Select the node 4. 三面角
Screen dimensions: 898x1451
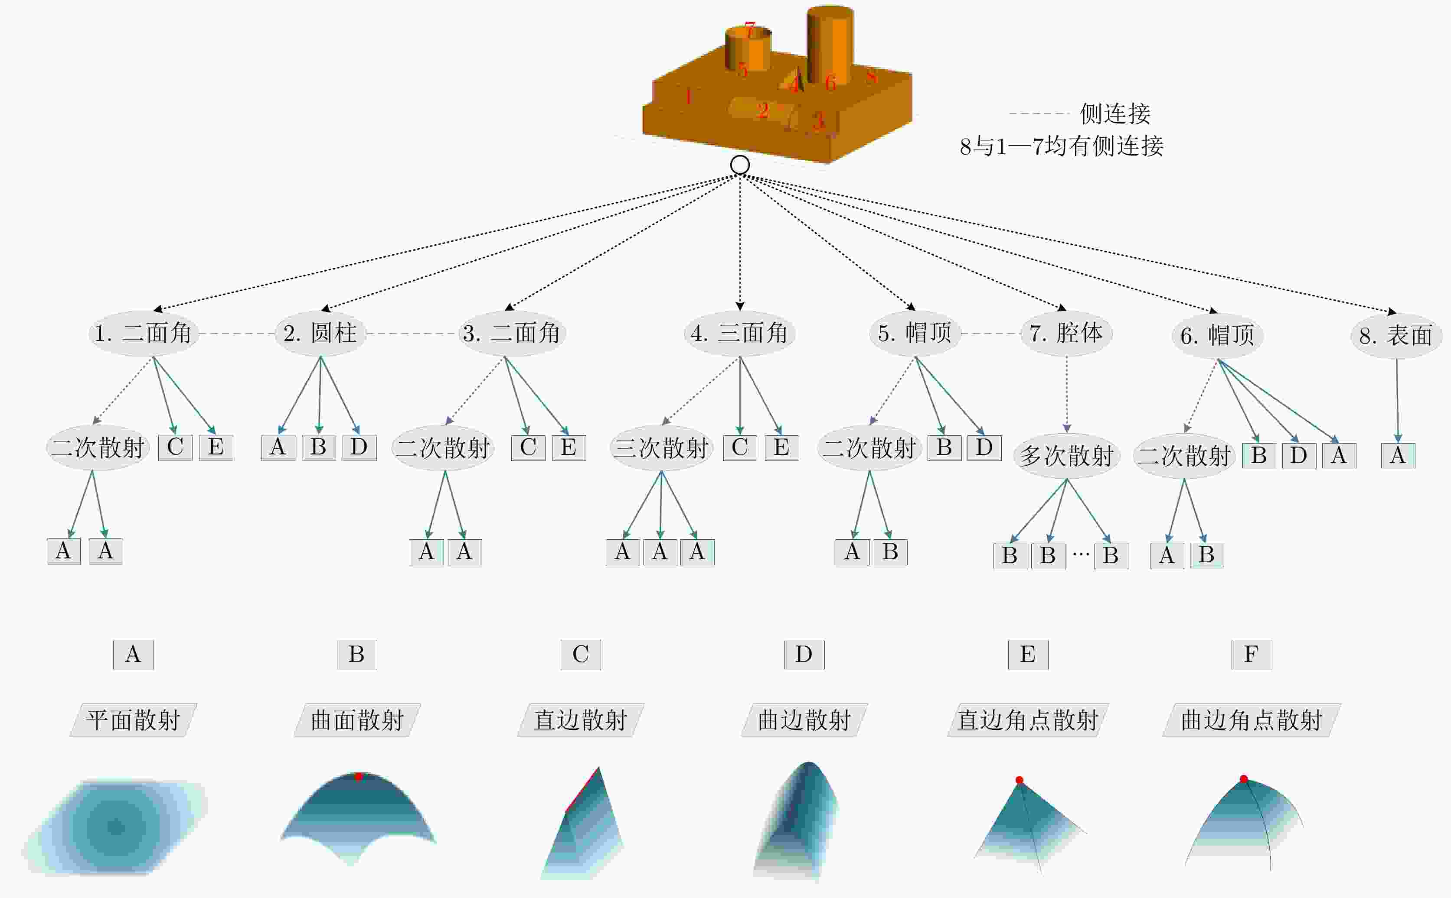pyautogui.click(x=739, y=333)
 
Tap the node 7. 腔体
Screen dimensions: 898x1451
pyautogui.click(x=1066, y=333)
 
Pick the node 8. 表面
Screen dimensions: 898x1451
pyautogui.click(x=1396, y=336)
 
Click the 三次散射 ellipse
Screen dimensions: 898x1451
pyautogui.click(x=661, y=448)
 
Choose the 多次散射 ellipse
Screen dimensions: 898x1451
pyautogui.click(x=1066, y=456)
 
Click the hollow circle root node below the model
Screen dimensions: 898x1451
pyautogui.click(x=739, y=165)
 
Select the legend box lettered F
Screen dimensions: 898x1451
pyautogui.click(x=1251, y=655)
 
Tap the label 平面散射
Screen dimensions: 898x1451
pyautogui.click(x=133, y=720)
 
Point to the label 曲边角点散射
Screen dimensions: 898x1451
pyautogui.click(x=1251, y=720)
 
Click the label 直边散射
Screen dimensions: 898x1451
pyautogui.click(x=581, y=720)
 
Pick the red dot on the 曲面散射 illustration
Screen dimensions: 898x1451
pyautogui.click(x=359, y=776)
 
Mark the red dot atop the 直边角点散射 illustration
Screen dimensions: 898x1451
pyautogui.click(x=1019, y=780)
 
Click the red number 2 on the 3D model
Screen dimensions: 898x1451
pyautogui.click(x=763, y=110)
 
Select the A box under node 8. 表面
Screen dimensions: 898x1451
pyautogui.click(x=1398, y=456)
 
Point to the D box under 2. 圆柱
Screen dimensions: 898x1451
pyautogui.click(x=359, y=447)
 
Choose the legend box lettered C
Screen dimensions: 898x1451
pyautogui.click(x=581, y=655)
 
